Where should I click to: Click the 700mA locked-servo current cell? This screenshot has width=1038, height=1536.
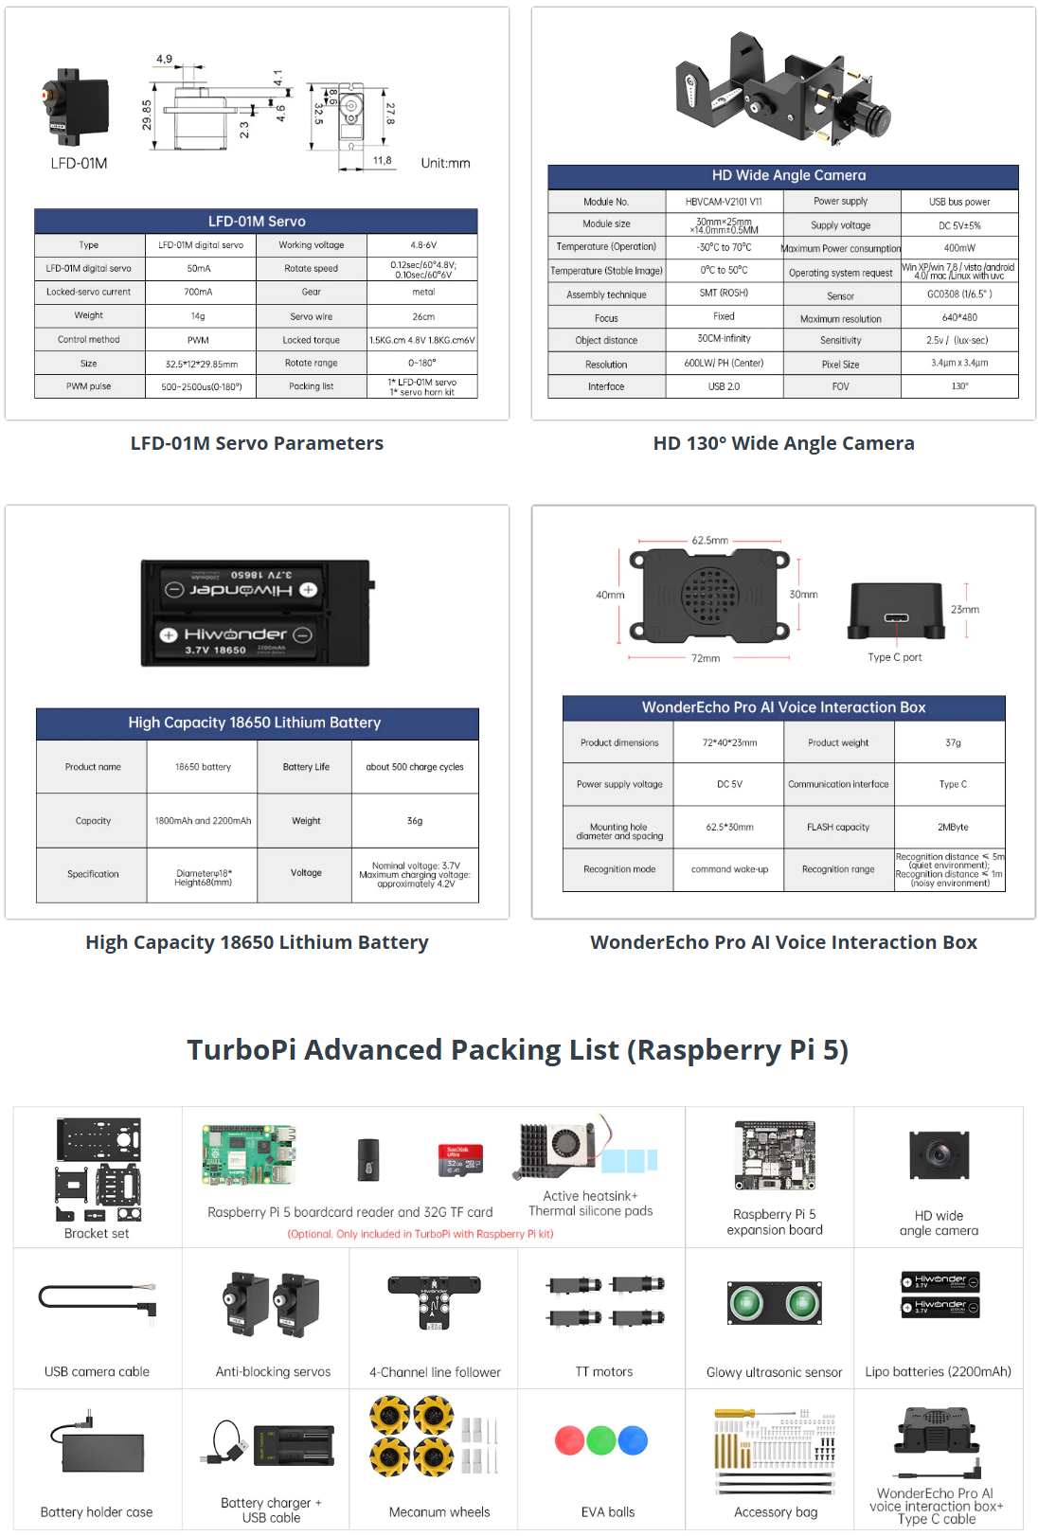[x=199, y=292]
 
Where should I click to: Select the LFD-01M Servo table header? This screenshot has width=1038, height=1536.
[x=257, y=222]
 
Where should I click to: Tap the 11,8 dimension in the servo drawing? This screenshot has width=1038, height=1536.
[x=382, y=161]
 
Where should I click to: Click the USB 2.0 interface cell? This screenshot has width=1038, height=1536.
[x=725, y=386]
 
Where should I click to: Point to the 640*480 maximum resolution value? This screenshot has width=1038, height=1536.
[x=959, y=318]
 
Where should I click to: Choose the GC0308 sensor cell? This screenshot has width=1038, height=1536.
[x=959, y=295]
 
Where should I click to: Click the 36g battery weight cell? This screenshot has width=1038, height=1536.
[x=415, y=821]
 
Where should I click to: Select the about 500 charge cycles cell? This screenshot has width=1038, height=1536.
[x=415, y=767]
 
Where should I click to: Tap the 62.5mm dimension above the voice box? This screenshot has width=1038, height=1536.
[x=710, y=541]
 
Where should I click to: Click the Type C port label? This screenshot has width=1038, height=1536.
[x=895, y=657]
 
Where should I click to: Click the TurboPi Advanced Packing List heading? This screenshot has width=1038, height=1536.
[x=518, y=1050]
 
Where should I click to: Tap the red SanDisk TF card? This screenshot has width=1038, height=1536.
[x=461, y=1160]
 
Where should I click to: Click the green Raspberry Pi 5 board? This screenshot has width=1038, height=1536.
[x=249, y=1154]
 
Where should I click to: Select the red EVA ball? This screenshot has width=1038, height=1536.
[x=569, y=1440]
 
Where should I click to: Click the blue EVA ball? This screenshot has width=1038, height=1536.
[x=633, y=1440]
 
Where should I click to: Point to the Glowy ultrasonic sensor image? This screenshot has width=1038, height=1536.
[x=775, y=1304]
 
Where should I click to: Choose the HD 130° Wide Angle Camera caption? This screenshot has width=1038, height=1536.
[x=783, y=443]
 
